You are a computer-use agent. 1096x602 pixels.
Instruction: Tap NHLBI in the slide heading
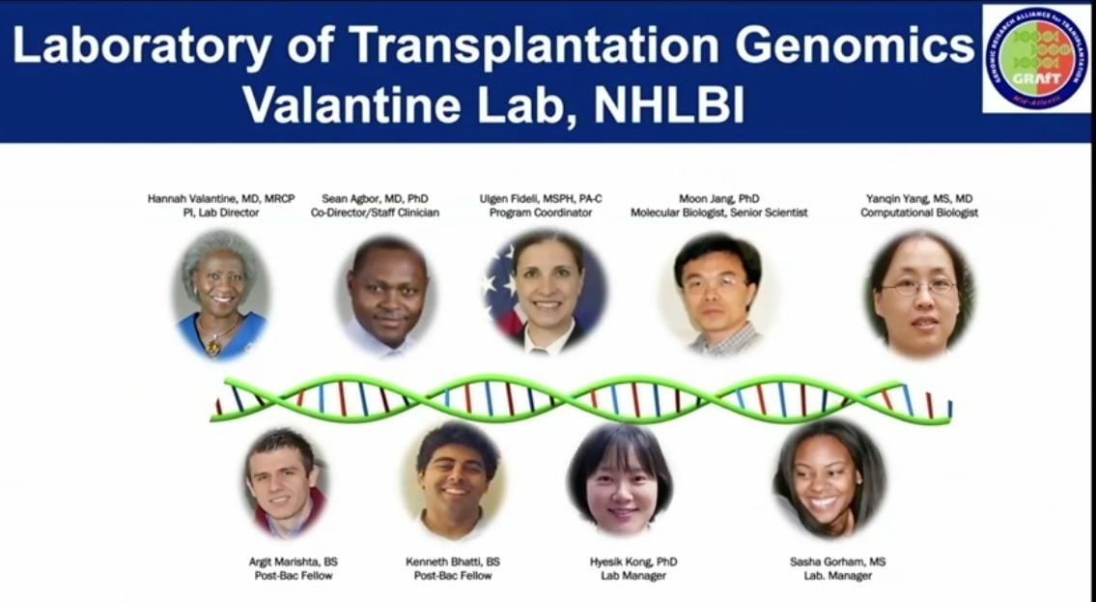click(668, 104)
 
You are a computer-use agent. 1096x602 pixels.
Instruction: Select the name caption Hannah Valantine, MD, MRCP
click(221, 198)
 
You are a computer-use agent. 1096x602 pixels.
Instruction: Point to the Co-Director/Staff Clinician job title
click(375, 213)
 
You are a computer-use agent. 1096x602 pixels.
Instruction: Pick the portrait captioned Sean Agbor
click(386, 296)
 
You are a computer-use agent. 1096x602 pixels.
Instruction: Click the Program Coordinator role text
click(540, 213)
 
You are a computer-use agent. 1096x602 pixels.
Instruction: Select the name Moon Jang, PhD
click(719, 198)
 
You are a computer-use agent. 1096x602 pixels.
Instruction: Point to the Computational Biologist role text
click(919, 213)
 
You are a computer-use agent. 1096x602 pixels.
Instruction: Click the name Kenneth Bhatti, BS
click(453, 561)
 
